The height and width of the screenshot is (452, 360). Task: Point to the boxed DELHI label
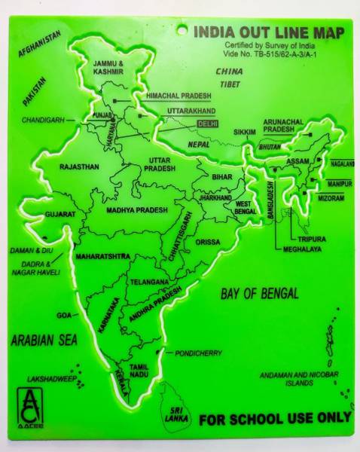206,122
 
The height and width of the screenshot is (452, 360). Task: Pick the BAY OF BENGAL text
259,293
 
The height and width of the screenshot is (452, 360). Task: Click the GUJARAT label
59,215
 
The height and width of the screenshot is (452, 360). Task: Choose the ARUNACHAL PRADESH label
282,125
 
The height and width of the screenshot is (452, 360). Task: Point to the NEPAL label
200,143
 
